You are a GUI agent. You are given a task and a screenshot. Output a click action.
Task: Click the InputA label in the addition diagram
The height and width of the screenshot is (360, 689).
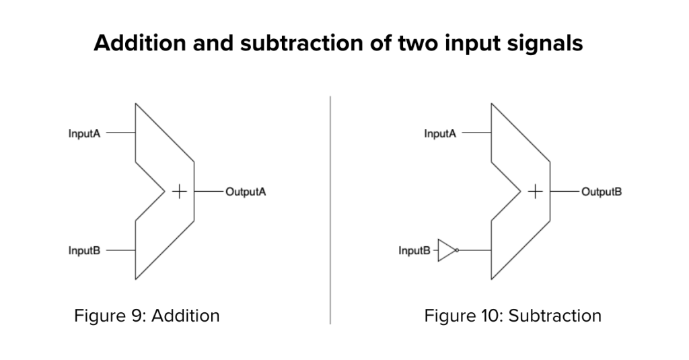[x=84, y=133]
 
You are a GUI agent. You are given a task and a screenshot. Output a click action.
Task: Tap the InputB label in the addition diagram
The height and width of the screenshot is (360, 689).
[x=84, y=250]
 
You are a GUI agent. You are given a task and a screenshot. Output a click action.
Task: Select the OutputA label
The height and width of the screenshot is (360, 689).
[x=246, y=192]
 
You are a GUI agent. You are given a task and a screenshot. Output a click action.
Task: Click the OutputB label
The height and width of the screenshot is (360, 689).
[x=602, y=192]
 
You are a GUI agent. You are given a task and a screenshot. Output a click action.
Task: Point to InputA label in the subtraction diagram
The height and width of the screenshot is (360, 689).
[x=440, y=133]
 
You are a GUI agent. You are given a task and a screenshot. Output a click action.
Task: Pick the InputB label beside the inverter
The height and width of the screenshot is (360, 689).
[x=414, y=250]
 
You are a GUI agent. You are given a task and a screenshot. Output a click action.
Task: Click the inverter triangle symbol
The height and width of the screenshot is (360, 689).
[x=447, y=250]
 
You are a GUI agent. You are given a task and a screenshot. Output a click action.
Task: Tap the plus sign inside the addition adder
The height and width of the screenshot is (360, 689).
[x=179, y=192]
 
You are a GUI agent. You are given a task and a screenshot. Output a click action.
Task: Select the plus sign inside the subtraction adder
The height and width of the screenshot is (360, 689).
[x=535, y=192]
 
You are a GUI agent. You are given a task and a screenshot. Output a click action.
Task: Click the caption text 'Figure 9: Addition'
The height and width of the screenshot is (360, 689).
[x=147, y=316]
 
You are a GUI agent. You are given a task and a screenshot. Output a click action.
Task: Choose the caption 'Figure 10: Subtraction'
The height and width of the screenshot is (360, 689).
[x=513, y=316]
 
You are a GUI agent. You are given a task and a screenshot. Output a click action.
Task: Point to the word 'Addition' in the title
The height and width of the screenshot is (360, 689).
[x=140, y=43]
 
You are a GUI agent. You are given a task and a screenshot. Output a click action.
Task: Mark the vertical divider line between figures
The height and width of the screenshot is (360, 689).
[x=330, y=210]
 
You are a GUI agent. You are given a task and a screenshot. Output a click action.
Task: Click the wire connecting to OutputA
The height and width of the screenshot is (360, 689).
[x=209, y=192]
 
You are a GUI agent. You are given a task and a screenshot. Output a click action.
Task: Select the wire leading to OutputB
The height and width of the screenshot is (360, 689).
[x=565, y=192]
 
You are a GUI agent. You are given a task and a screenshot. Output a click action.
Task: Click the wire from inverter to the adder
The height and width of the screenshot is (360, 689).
[x=475, y=250]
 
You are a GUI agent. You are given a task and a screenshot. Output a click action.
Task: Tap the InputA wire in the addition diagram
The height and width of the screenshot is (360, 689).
[x=121, y=133]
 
